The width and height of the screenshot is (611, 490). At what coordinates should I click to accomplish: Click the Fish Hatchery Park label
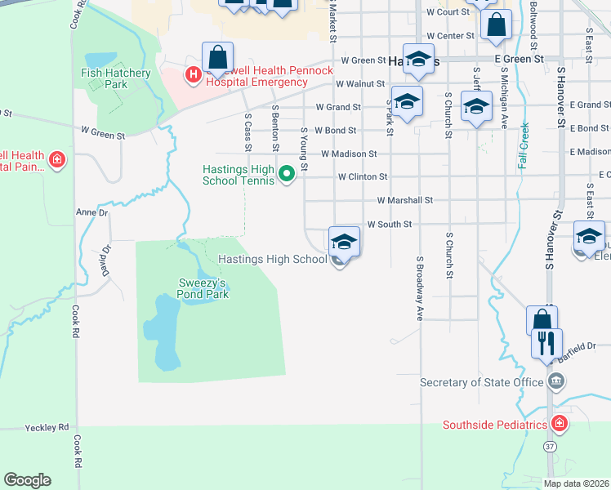point(116,78)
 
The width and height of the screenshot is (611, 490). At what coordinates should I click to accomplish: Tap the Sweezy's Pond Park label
point(203,289)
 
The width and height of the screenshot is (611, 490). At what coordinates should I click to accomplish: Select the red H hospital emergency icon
point(194,76)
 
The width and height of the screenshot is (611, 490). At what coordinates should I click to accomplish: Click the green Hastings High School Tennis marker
point(287,174)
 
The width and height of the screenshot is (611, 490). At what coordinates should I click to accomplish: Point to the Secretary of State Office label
point(481,382)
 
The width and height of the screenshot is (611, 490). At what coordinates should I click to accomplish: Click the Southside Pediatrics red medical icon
point(558,424)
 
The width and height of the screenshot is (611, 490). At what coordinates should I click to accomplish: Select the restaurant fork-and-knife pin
point(546,342)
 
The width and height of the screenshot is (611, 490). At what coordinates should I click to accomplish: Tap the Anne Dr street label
point(91,212)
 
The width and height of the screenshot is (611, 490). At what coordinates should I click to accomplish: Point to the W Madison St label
point(349,154)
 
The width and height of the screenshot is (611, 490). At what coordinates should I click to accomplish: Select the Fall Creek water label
point(524,145)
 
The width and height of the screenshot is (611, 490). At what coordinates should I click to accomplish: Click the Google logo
point(27,480)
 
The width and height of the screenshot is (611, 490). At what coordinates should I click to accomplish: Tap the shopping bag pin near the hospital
point(217,58)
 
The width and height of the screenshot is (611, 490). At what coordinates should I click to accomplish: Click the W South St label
point(389,224)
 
